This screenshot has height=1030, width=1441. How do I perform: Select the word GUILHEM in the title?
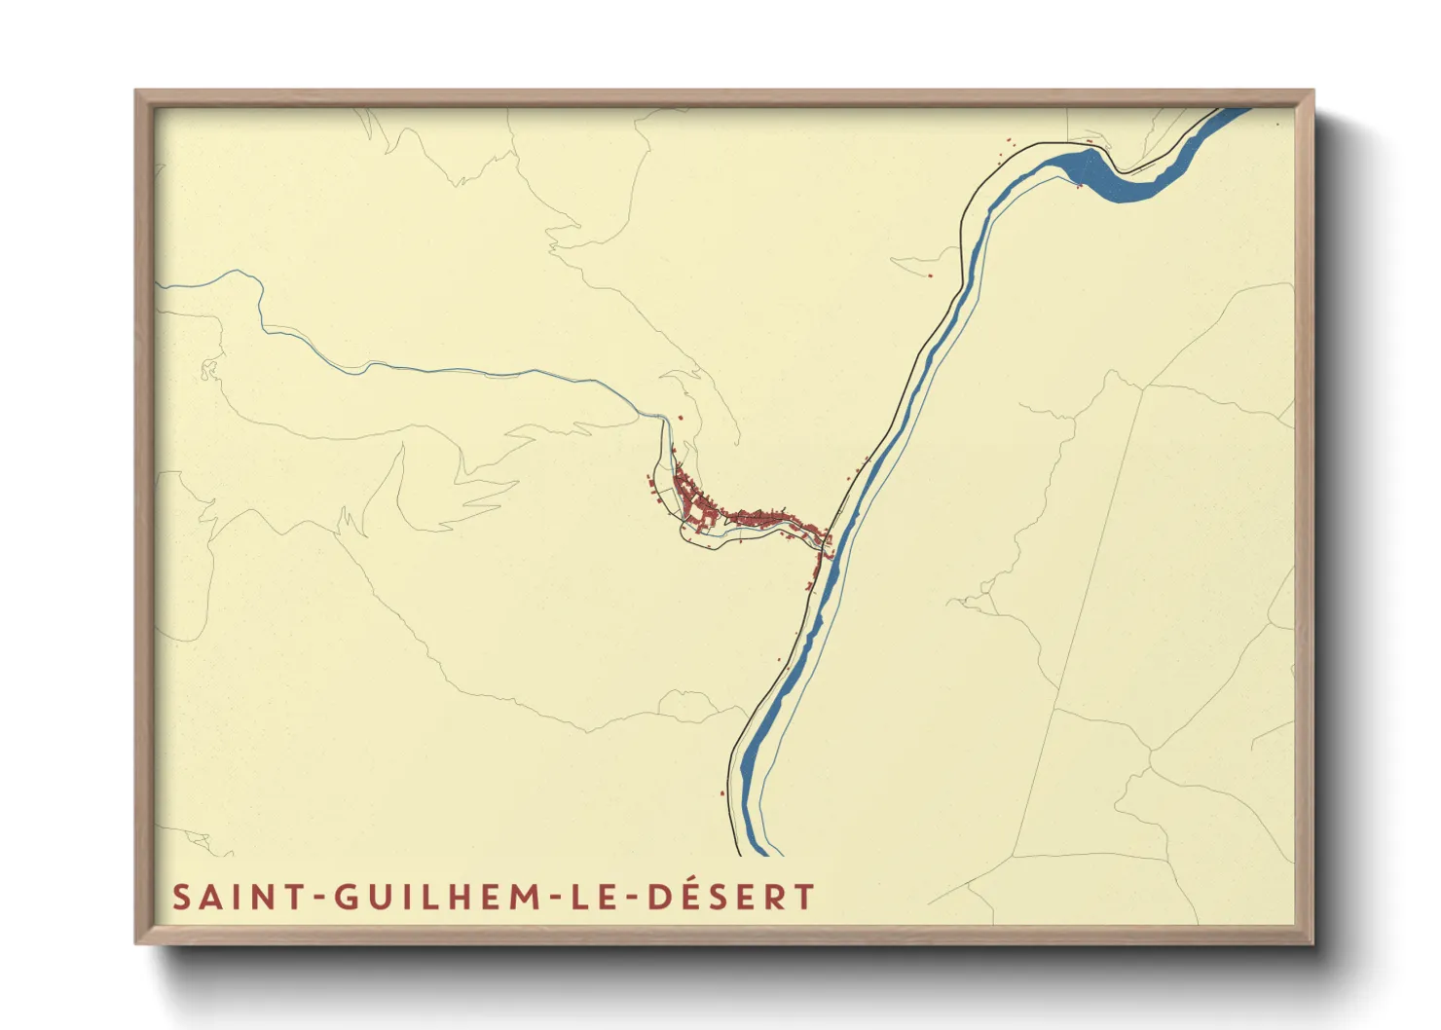(433, 897)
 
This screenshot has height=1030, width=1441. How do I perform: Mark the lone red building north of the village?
(681, 418)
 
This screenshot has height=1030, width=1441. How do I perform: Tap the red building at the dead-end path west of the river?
(930, 276)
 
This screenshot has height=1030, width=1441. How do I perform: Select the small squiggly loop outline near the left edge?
(207, 370)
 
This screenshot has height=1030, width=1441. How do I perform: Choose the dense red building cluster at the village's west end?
(693, 501)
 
